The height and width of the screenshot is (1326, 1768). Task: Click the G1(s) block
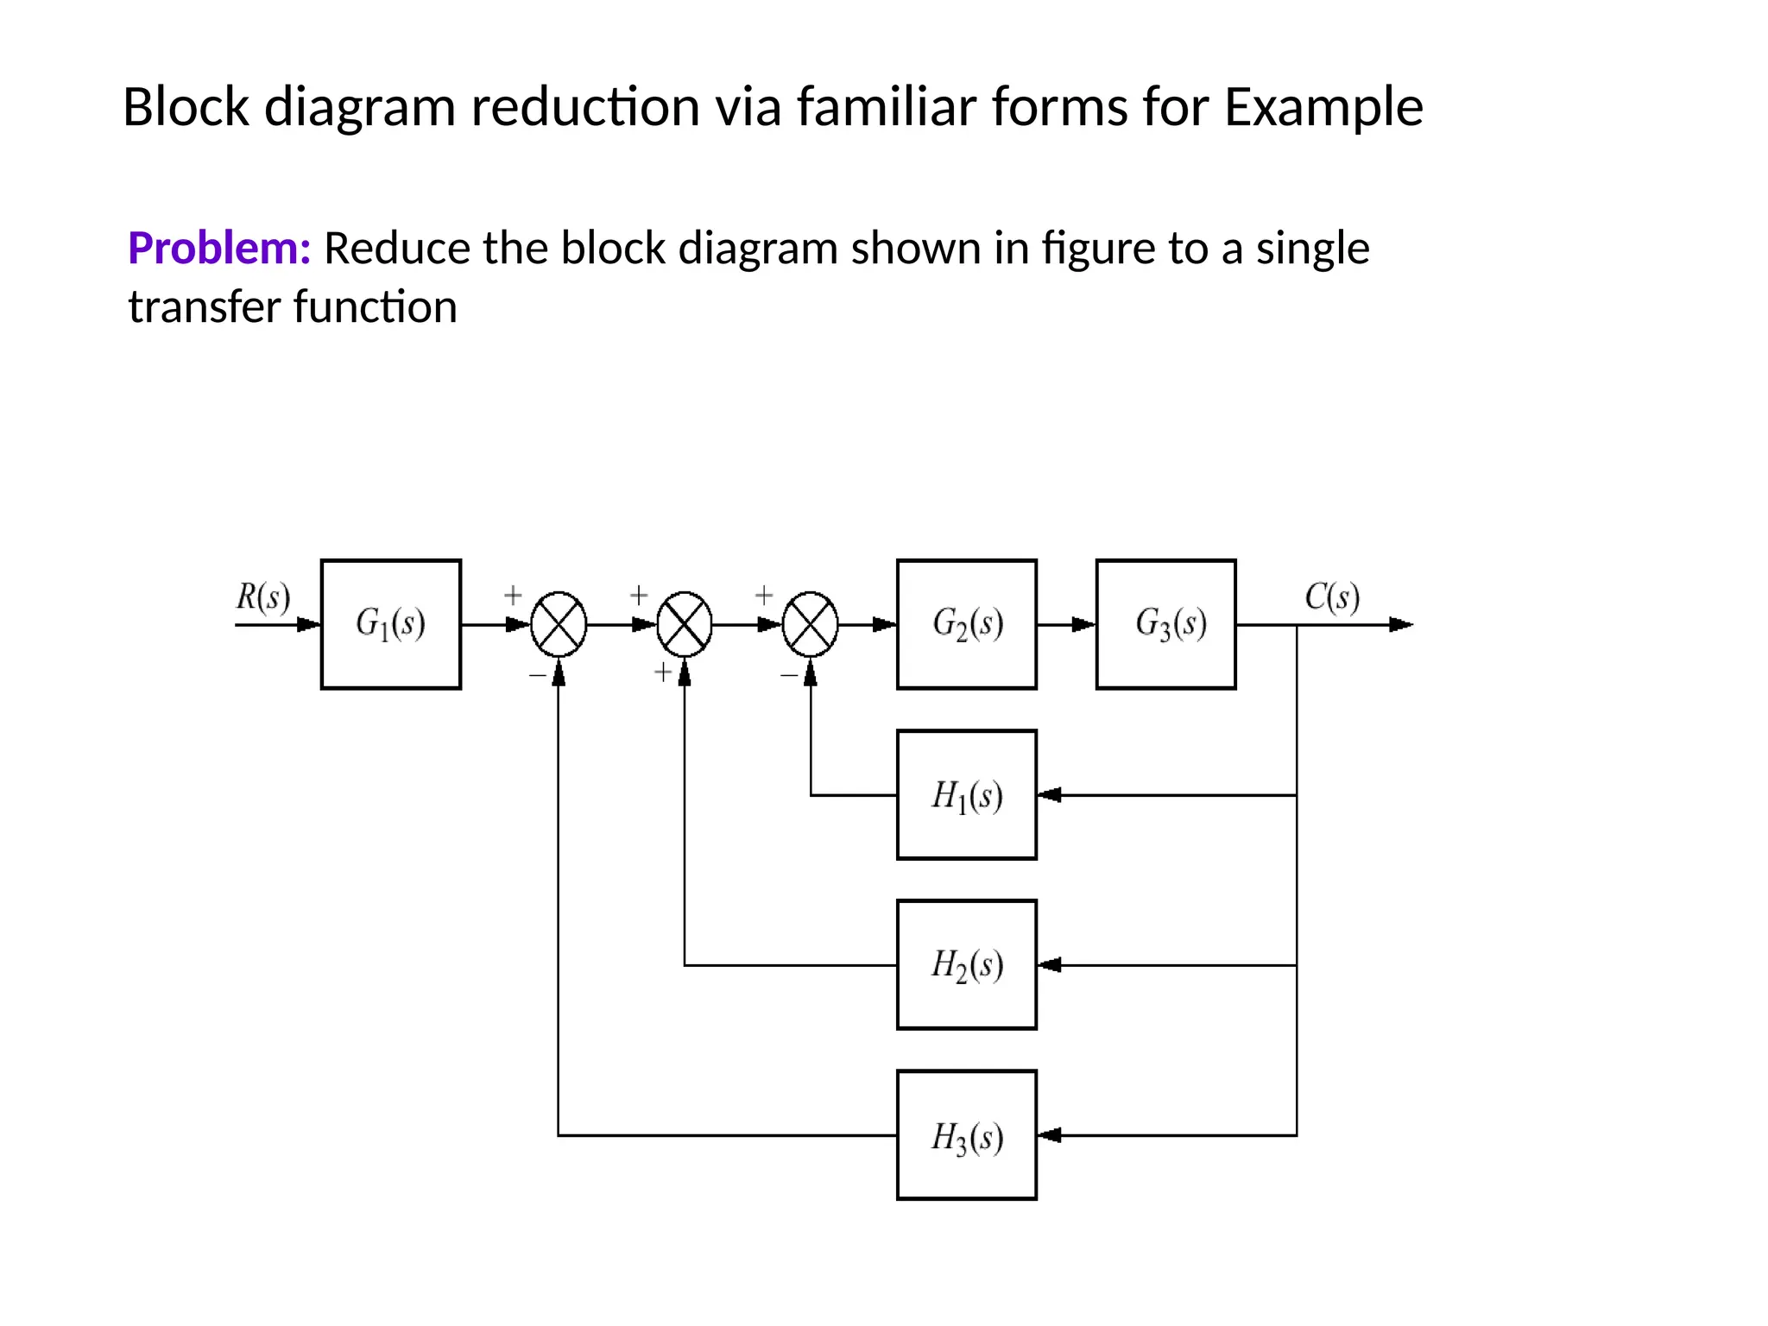point(390,623)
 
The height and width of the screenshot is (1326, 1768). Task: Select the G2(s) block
point(966,623)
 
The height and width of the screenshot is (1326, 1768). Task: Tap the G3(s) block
point(1165,623)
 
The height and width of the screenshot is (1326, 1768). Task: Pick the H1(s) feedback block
point(966,794)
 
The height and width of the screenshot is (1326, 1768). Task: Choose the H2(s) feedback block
point(966,964)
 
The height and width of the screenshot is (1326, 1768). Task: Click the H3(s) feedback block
point(966,1134)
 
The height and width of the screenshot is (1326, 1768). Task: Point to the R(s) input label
point(262,597)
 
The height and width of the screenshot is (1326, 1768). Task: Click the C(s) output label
point(1331,597)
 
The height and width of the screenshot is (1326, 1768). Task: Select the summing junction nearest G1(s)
point(559,624)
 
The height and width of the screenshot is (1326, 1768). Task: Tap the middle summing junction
point(685,624)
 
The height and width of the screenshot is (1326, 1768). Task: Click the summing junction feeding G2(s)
point(810,624)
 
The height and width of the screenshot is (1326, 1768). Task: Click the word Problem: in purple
point(219,249)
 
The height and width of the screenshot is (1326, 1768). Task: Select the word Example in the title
point(1323,107)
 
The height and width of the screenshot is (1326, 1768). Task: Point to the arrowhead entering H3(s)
point(1049,1135)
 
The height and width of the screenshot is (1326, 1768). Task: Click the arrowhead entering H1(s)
point(1049,795)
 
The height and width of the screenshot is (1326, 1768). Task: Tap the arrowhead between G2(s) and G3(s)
point(1083,624)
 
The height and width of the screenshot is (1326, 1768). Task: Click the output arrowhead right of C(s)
point(1400,624)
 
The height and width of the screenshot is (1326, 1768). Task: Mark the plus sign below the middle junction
point(662,672)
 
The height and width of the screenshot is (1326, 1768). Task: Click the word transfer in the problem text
point(205,307)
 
